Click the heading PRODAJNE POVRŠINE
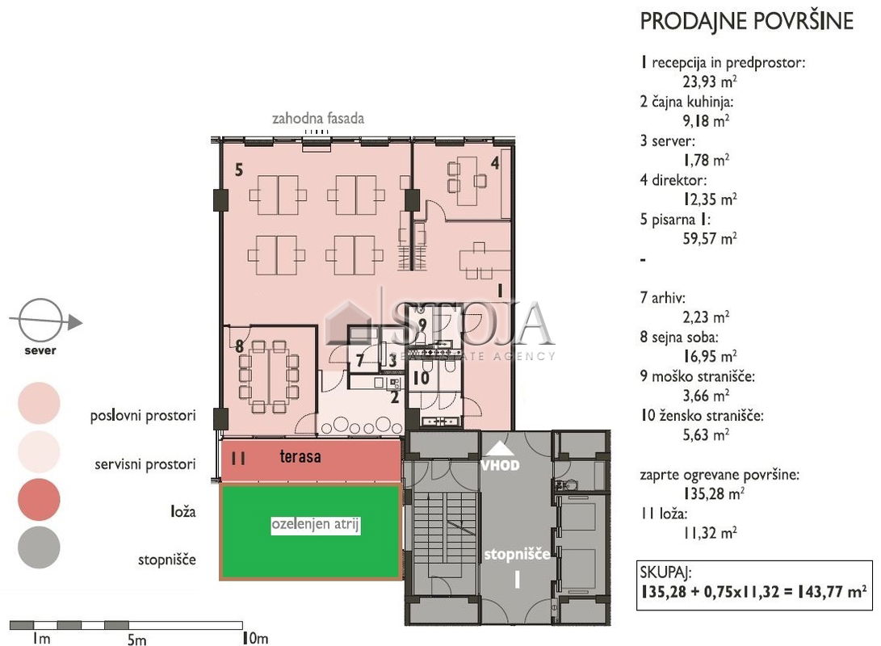(747, 22)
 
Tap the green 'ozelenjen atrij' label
(315, 524)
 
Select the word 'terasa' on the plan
(300, 456)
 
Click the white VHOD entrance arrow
(500, 448)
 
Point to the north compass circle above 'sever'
(40, 321)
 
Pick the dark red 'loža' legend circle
(39, 499)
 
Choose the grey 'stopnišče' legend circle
(39, 547)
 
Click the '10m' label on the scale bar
(255, 638)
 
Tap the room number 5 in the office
(239, 170)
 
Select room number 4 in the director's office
(495, 163)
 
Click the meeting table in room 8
(269, 376)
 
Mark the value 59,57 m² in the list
(710, 239)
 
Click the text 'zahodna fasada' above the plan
(318, 119)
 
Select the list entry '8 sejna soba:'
(679, 337)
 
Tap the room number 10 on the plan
(422, 378)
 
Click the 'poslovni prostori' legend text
(143, 416)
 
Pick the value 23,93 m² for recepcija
(710, 82)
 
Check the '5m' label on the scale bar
(136, 640)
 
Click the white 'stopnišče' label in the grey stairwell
(517, 555)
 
